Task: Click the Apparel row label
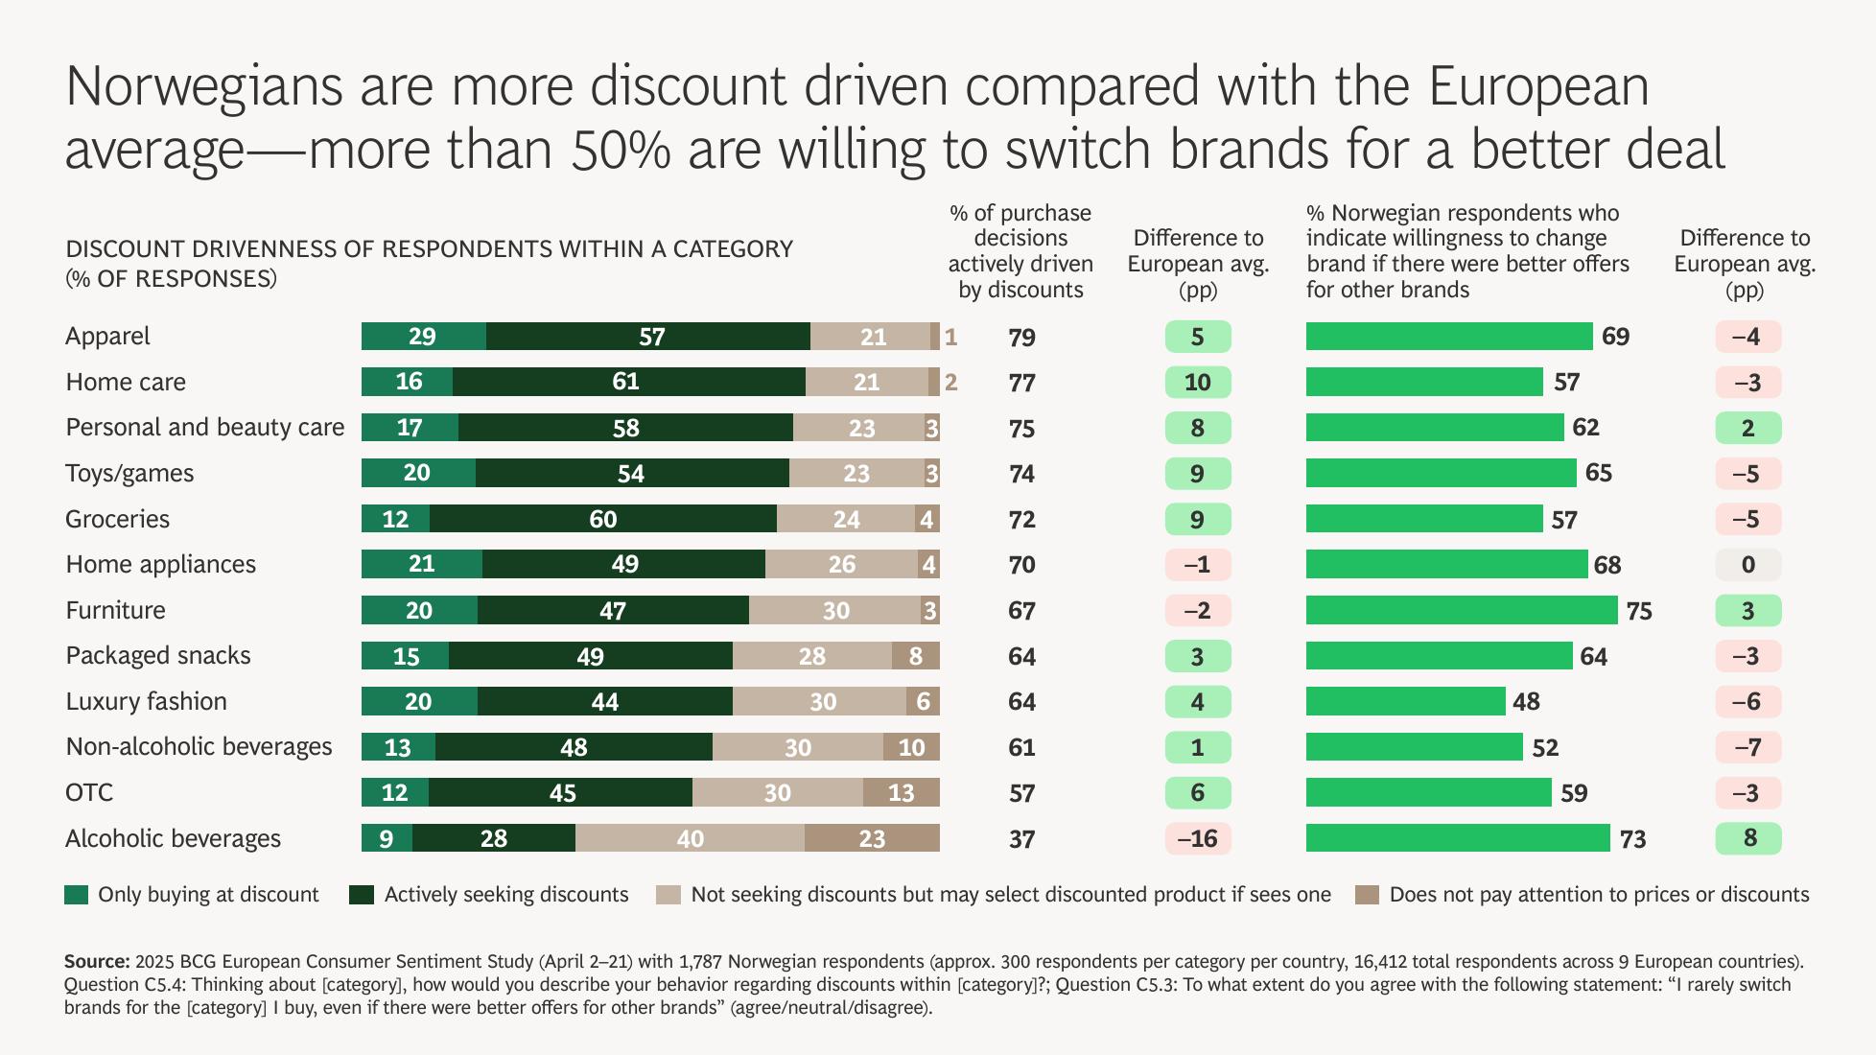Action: pyautogui.click(x=107, y=337)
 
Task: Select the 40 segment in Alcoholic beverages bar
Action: pyautogui.click(x=690, y=838)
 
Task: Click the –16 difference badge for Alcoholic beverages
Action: pyautogui.click(x=1197, y=838)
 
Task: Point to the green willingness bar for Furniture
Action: pyautogui.click(x=1461, y=610)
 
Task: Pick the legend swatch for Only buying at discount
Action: pyautogui.click(x=77, y=895)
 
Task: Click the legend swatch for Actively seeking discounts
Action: pyautogui.click(x=362, y=895)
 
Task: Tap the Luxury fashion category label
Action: pyautogui.click(x=146, y=701)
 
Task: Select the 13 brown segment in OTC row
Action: pyautogui.click(x=901, y=792)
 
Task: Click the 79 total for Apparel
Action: pyautogui.click(x=1021, y=338)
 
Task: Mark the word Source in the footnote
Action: pyautogui.click(x=96, y=961)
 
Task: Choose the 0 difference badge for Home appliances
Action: pyautogui.click(x=1747, y=565)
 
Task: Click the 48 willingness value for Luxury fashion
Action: pyautogui.click(x=1526, y=702)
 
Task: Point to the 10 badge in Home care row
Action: pyautogui.click(x=1197, y=383)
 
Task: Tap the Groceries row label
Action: pyautogui.click(x=117, y=519)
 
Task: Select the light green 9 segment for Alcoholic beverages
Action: pyautogui.click(x=387, y=838)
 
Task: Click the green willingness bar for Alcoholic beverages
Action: pyautogui.click(x=1457, y=838)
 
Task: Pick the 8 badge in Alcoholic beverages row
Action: pyautogui.click(x=1747, y=838)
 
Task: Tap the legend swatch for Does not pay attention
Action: pyautogui.click(x=1367, y=895)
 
